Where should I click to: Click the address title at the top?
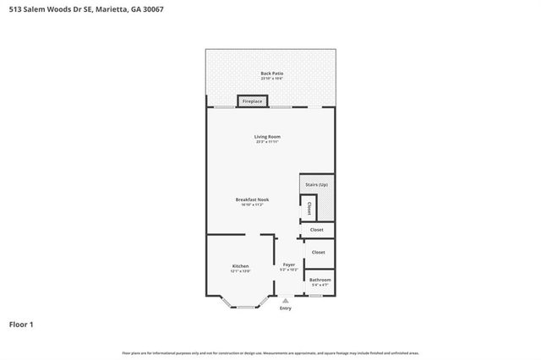pos(69,8)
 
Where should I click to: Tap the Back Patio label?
pos(271,74)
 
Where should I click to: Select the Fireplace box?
pos(253,101)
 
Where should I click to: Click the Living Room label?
pos(267,136)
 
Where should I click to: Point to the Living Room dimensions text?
pos(267,142)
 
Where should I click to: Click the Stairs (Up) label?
pos(317,184)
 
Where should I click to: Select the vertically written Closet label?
pos(309,207)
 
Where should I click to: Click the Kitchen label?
pos(240,266)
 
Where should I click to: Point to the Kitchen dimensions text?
pos(240,272)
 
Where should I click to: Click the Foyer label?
pos(289,265)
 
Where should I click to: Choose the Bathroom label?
pos(320,280)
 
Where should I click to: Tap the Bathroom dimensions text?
pos(320,286)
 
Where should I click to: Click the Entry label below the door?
pos(285,308)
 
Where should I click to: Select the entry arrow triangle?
pos(285,300)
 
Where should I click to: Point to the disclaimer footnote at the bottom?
pos(270,352)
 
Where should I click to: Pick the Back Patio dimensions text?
pos(271,79)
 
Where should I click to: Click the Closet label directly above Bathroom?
pos(318,252)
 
